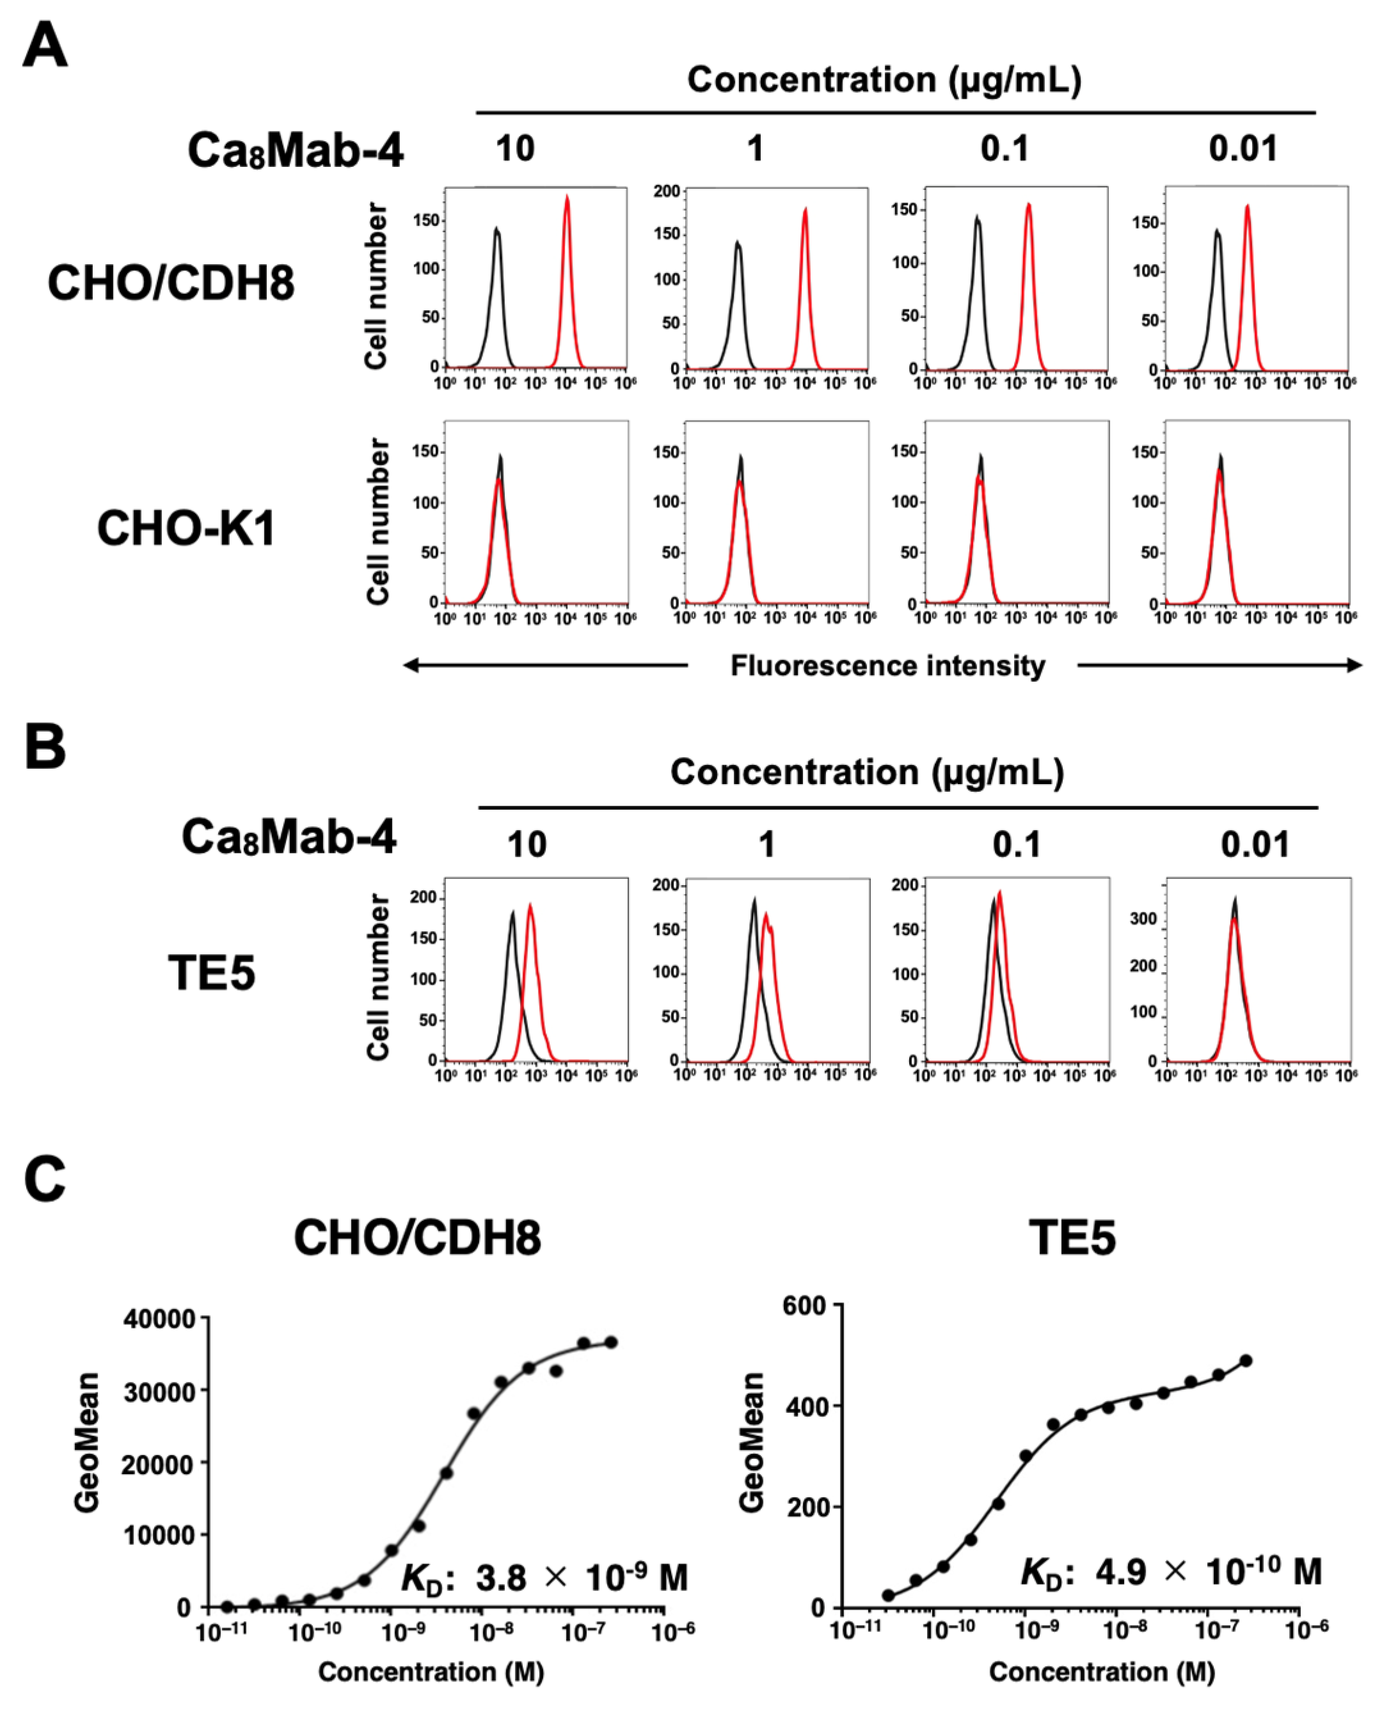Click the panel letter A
tap(45, 45)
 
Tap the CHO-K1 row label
tap(186, 528)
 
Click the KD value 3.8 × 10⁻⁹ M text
tap(544, 1576)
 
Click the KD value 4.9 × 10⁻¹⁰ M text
tap(1171, 1571)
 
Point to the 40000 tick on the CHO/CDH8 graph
tap(159, 1319)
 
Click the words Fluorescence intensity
tap(887, 665)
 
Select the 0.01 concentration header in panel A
tap(1243, 149)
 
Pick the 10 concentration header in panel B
tap(527, 844)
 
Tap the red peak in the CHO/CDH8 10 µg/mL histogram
tap(567, 198)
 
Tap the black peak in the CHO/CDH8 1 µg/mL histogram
tap(738, 242)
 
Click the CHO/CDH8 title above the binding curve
tap(417, 1238)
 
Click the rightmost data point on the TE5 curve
tap(1246, 1361)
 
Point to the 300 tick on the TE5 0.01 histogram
tap(1143, 919)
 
